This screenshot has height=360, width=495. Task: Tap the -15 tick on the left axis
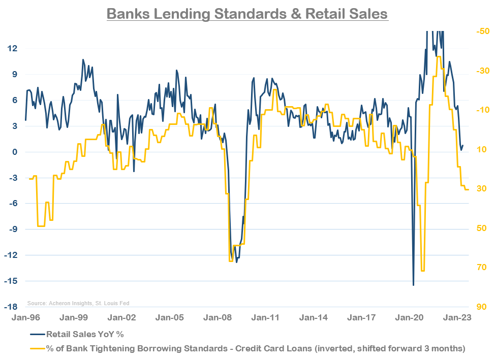pos(12,281)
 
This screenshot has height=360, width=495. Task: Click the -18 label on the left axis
pos(12,307)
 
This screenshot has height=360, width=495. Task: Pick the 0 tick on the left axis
pos(15,152)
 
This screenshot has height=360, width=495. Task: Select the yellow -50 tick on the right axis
pos(482,31)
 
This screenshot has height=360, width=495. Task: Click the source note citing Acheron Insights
pos(78,303)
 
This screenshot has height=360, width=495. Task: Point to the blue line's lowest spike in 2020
pos(413,285)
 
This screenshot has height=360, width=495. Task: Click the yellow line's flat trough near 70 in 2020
pos(423,271)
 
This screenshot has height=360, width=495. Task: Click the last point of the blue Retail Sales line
pos(463,146)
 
